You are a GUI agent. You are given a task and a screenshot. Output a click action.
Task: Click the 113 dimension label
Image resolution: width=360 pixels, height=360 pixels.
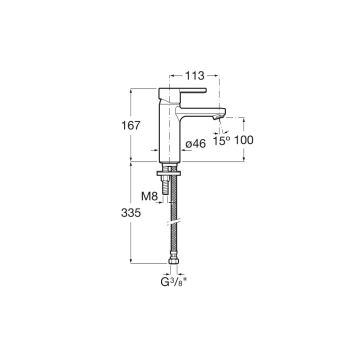click(194, 76)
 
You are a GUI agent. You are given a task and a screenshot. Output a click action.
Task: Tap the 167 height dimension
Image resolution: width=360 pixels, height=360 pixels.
click(130, 125)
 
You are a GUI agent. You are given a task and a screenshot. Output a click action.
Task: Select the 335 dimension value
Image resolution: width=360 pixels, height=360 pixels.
click(131, 213)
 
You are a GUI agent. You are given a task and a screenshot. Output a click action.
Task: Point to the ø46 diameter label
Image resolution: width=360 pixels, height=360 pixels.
click(195, 144)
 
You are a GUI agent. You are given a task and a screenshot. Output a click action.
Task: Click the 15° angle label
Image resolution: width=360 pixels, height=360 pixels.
click(221, 140)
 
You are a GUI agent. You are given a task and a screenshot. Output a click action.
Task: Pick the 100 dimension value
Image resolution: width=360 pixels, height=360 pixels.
click(243, 140)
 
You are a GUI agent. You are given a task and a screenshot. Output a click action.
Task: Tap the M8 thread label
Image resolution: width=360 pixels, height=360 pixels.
click(149, 196)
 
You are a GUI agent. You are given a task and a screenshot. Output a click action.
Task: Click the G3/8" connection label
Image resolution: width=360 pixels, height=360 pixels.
click(173, 282)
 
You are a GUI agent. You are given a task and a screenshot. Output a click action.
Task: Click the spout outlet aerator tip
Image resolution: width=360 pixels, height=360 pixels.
click(218, 117)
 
